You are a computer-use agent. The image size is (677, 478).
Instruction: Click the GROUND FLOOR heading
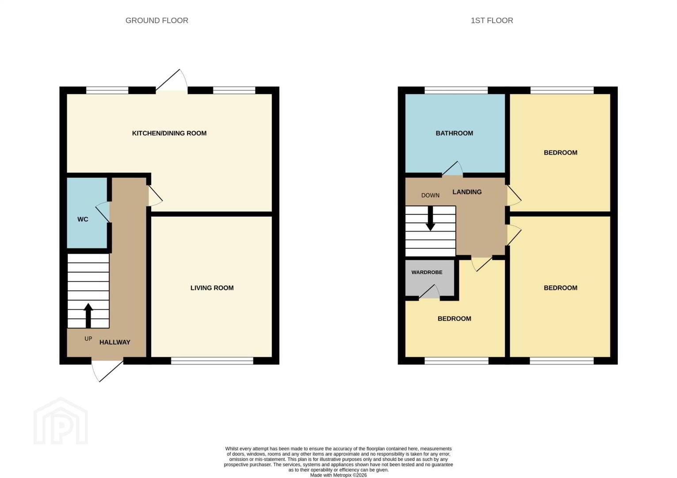click(x=157, y=20)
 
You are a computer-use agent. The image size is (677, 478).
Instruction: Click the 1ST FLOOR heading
click(x=492, y=20)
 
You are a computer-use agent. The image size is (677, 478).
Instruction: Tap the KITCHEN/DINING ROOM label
click(x=169, y=133)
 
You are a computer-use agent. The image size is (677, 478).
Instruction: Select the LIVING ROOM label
click(x=212, y=288)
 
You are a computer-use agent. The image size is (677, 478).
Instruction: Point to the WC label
click(x=83, y=219)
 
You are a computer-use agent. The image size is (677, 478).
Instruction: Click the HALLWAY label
click(x=115, y=342)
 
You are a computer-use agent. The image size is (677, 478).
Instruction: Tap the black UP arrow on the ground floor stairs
click(x=88, y=316)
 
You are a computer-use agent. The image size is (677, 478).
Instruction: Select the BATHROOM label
click(x=454, y=133)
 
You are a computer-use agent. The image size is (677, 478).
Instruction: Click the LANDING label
click(x=467, y=192)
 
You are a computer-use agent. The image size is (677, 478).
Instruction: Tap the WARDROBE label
click(x=427, y=272)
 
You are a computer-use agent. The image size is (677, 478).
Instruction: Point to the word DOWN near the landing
click(x=430, y=196)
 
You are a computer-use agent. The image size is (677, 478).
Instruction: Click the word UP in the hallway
click(x=88, y=339)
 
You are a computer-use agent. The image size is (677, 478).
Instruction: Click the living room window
click(x=212, y=361)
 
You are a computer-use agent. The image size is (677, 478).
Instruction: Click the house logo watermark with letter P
click(x=61, y=421)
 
